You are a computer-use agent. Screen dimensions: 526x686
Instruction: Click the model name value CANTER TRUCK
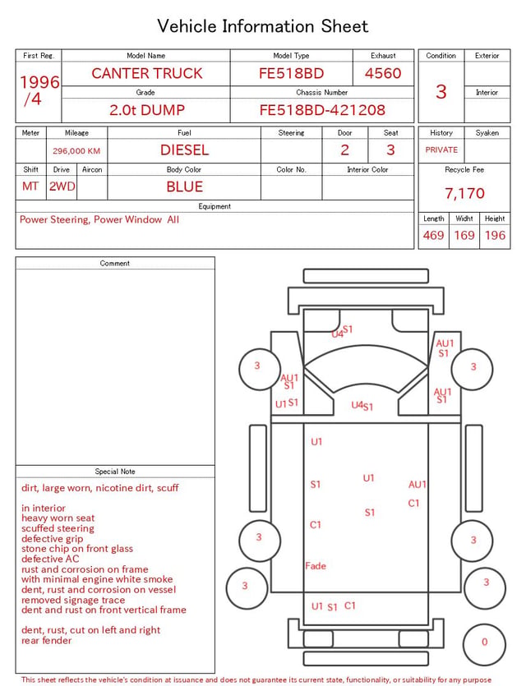[x=147, y=73]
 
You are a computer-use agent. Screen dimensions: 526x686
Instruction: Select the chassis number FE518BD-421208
[x=322, y=110]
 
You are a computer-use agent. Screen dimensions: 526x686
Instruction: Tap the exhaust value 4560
[x=383, y=73]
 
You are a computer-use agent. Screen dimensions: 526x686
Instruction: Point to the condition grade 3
[x=441, y=92]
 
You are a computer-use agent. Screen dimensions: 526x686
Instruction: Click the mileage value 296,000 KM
[x=76, y=151]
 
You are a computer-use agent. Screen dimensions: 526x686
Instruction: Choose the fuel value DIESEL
[x=184, y=150]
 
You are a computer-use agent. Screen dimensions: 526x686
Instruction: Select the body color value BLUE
[x=184, y=186]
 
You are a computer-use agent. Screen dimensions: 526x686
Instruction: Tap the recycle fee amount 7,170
[x=464, y=193]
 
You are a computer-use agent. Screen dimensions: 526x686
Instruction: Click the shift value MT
[x=30, y=186]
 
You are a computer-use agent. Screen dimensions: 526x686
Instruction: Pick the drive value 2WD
[x=62, y=186]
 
